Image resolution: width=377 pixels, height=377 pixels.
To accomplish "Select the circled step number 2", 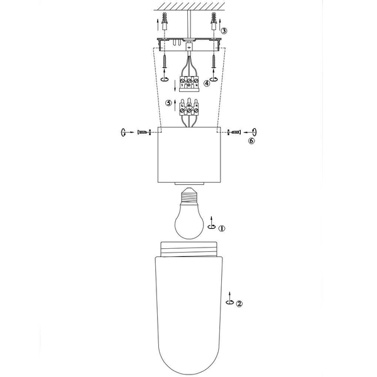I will [x=239, y=303].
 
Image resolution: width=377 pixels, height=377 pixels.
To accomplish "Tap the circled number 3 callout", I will [x=224, y=30].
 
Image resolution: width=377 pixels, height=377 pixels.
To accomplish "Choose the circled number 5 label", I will [x=168, y=102].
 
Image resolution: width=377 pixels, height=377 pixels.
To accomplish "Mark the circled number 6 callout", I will [x=252, y=141].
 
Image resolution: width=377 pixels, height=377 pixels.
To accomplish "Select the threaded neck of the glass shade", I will [x=188, y=251].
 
